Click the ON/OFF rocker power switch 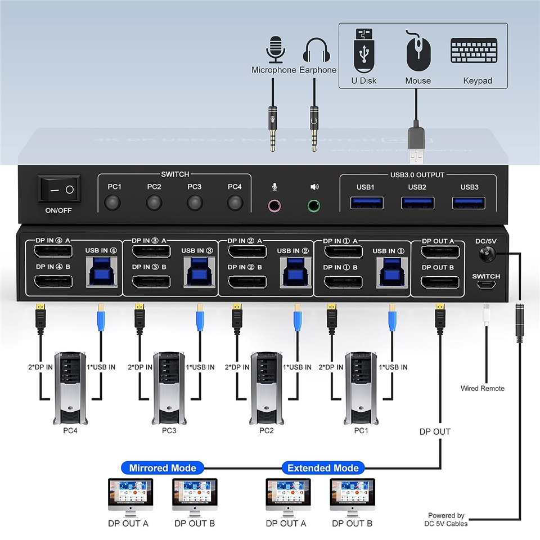59,190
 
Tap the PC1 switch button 115,202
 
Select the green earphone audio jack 314,205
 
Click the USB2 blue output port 417,202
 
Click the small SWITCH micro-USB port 486,286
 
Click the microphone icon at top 274,49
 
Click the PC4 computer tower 70,388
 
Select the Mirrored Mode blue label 163,468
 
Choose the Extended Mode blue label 323,468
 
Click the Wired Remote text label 482,389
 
